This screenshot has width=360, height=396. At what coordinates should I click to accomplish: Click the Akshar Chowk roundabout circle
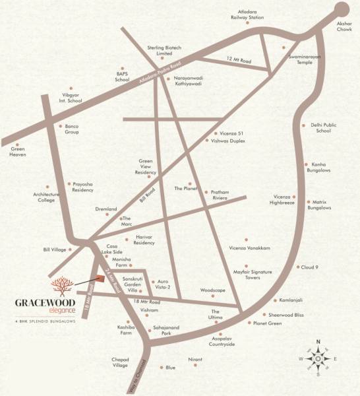coord(342,9)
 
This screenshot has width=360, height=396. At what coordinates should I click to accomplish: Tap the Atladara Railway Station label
coord(247,14)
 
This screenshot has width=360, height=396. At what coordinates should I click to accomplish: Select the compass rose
coord(317,358)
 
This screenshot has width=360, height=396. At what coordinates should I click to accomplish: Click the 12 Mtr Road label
coord(237,61)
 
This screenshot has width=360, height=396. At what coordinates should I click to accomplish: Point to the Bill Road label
coord(149,194)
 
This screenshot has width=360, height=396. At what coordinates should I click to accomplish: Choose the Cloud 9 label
coord(310,267)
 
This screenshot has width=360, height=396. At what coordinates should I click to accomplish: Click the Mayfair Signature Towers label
coord(252,275)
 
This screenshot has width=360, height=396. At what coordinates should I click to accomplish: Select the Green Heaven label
coord(18,152)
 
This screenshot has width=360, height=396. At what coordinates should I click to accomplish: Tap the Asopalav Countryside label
coord(222,341)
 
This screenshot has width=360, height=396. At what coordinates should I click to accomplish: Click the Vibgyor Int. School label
coord(71,98)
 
